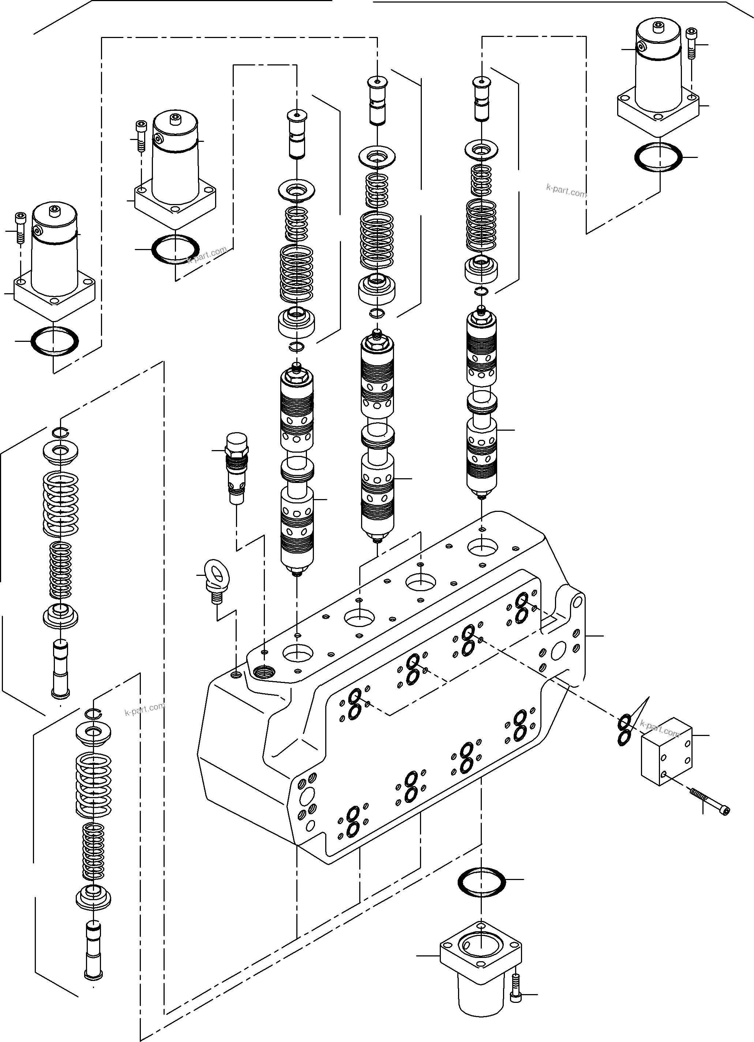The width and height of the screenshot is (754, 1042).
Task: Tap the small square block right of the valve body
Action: click(666, 752)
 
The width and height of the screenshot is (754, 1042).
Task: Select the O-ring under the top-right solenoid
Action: click(658, 158)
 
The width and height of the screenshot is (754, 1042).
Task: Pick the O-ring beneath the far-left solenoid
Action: click(54, 341)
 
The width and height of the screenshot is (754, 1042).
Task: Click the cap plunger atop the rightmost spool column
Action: click(481, 99)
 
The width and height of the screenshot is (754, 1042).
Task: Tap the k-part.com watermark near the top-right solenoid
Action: click(566, 190)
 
